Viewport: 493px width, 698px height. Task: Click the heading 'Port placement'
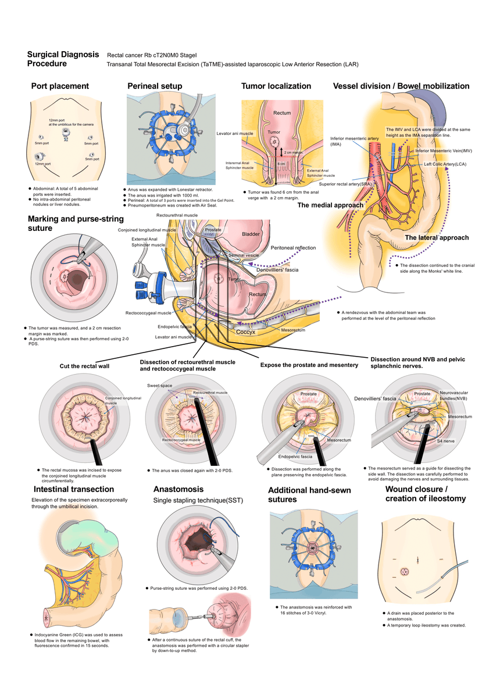pos(60,86)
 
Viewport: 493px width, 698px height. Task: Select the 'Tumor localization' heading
pos(276,86)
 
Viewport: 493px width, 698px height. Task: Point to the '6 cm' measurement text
pos(281,164)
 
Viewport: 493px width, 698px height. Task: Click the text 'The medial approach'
pos(330,205)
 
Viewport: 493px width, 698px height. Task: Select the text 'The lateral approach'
pos(436,237)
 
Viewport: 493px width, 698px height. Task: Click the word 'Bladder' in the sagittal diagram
pos(251,234)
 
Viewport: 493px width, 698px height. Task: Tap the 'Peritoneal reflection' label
pos(293,248)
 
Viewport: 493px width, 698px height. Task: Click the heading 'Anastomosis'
pos(178,489)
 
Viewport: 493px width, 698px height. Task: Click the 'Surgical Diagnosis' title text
pos(63,55)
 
